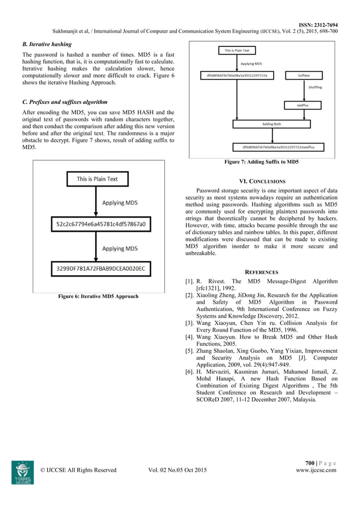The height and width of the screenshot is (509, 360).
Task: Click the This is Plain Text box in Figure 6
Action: [97, 179]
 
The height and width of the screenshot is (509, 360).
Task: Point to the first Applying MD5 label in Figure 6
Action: [120, 202]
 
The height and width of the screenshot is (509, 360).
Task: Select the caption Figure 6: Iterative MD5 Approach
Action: [98, 296]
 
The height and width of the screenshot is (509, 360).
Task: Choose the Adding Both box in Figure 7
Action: [272, 124]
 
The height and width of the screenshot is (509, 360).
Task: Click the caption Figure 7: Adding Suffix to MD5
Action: [261, 162]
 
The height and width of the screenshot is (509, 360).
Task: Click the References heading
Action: [261, 271]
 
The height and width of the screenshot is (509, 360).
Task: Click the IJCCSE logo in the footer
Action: [23, 472]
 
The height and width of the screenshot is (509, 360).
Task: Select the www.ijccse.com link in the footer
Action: [316, 469]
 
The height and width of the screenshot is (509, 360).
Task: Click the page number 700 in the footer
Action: [309, 463]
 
